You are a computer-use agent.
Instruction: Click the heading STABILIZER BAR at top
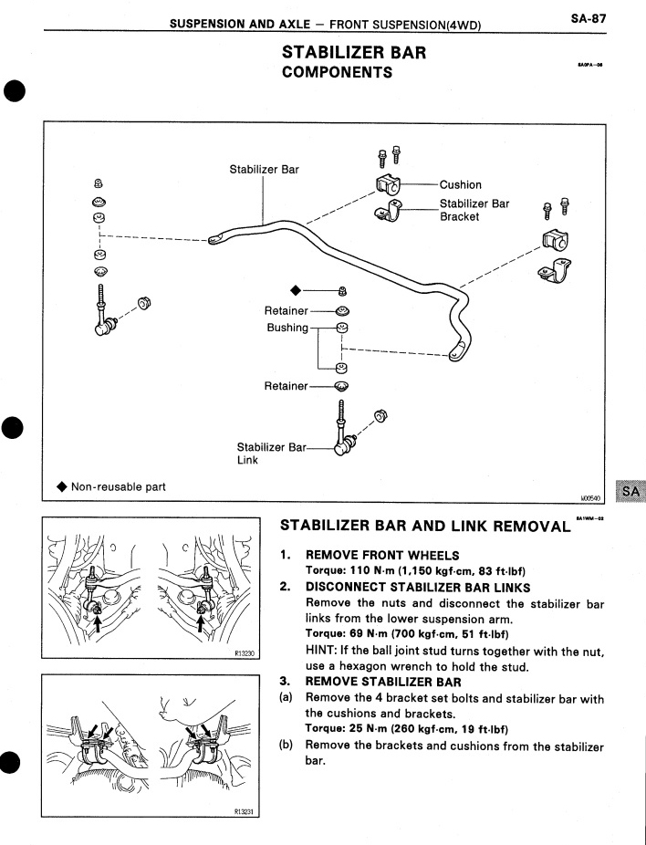354,54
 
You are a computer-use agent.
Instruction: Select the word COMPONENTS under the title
338,73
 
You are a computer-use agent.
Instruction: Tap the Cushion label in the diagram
460,185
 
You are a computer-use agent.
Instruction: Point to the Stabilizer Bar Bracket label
474,210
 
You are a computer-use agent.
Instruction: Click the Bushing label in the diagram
287,328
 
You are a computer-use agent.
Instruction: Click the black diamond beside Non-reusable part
61,486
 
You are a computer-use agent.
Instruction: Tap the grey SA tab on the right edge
629,493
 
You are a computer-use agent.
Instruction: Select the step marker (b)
287,746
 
